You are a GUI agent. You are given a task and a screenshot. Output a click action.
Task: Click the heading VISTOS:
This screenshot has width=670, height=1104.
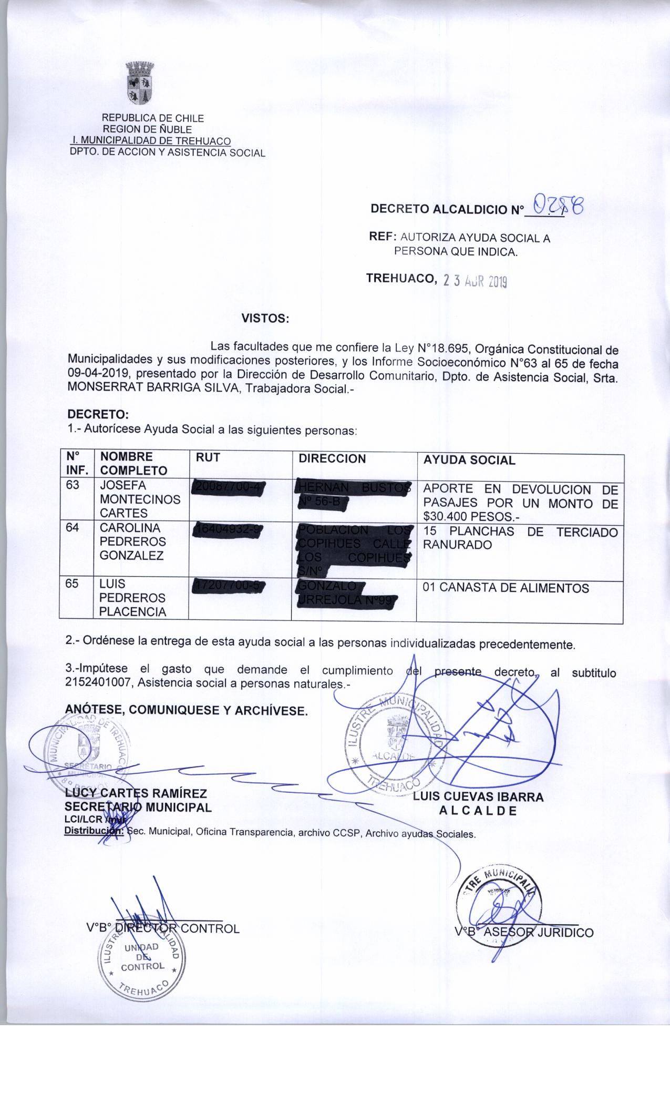pyautogui.click(x=265, y=319)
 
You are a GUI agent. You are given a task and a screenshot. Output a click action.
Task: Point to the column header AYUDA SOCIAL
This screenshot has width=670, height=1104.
pyautogui.click(x=469, y=460)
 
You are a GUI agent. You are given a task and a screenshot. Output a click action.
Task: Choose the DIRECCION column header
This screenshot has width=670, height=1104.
pyautogui.click(x=332, y=458)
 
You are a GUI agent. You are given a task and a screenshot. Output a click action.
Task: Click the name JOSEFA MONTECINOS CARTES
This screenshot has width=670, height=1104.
pyautogui.click(x=140, y=499)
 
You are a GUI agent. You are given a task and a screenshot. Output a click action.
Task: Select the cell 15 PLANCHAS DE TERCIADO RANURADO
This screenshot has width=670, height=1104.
pyautogui.click(x=520, y=538)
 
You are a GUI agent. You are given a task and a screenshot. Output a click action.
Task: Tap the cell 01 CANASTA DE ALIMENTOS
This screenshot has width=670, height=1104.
pyautogui.click(x=506, y=588)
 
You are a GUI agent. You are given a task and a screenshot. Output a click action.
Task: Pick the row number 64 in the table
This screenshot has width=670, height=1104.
pyautogui.click(x=73, y=528)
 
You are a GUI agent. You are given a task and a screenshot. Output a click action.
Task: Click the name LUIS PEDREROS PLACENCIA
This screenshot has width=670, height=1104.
pyautogui.click(x=132, y=598)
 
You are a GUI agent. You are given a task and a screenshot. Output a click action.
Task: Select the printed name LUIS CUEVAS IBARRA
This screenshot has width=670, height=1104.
pyautogui.click(x=478, y=796)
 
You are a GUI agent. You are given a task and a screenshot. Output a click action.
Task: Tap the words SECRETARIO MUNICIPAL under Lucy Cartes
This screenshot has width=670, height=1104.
pyautogui.click(x=138, y=807)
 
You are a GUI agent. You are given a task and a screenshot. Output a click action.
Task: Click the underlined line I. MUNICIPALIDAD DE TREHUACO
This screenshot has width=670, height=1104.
pyautogui.click(x=150, y=141)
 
